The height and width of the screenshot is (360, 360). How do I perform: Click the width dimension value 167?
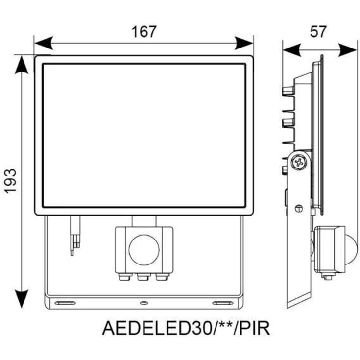144,32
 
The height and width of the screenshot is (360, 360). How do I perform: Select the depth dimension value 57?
318,32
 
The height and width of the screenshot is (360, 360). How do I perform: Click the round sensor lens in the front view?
144,250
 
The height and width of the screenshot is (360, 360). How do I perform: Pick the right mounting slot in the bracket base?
222,303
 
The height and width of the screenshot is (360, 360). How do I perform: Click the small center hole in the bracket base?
144,303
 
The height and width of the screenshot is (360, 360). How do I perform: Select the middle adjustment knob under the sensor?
144,278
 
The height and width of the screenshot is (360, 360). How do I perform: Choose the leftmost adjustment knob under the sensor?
125,278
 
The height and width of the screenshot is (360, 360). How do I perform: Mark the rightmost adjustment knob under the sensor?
161,278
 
